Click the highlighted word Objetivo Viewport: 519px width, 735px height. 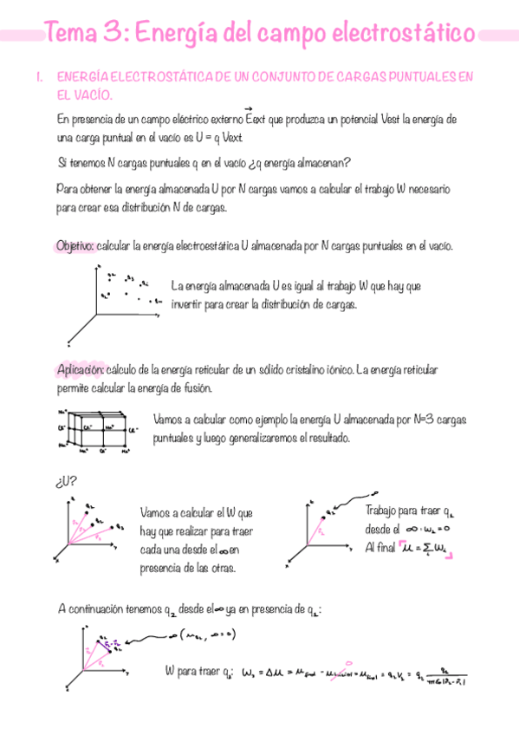click(x=75, y=246)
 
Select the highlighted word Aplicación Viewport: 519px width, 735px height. click(x=81, y=370)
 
